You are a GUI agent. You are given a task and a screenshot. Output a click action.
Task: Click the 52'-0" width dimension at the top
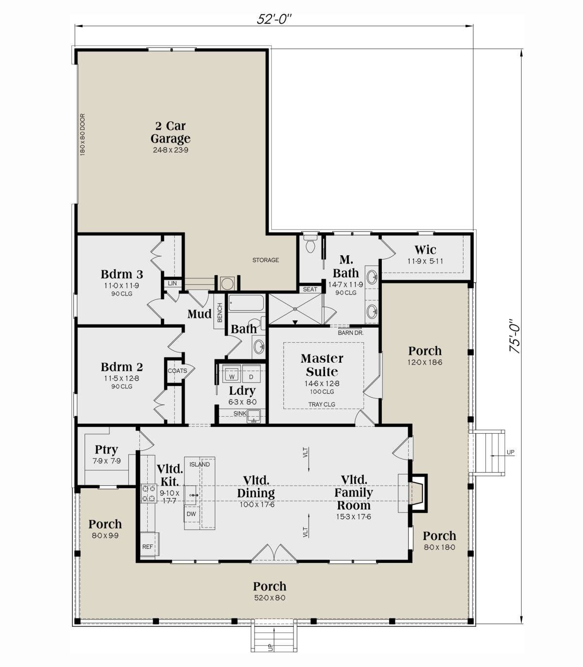(x=274, y=19)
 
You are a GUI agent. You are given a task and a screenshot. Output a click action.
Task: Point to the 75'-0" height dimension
(x=515, y=336)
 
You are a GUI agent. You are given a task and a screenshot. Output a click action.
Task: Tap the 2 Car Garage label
(x=171, y=132)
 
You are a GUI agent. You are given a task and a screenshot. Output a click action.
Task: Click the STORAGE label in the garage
(x=265, y=260)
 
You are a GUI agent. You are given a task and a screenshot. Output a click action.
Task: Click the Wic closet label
(x=425, y=250)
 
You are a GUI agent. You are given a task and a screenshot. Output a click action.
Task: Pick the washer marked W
(x=232, y=374)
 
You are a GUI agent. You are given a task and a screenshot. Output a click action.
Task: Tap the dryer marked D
(x=251, y=374)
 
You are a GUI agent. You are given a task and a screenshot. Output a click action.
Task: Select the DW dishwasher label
(x=191, y=514)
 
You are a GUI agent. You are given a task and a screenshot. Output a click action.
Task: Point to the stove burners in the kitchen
(x=149, y=493)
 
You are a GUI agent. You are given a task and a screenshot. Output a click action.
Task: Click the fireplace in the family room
(x=417, y=493)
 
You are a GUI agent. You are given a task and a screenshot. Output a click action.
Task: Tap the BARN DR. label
(x=350, y=333)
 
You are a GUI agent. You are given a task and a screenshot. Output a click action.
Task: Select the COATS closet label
(x=177, y=370)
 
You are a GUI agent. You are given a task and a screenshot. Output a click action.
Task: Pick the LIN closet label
(x=172, y=283)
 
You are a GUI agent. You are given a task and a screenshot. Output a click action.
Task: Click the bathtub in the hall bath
(x=246, y=303)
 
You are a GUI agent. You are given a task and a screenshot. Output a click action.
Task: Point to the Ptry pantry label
(x=106, y=450)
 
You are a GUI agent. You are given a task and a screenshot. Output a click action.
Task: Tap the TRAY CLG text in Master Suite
(x=322, y=404)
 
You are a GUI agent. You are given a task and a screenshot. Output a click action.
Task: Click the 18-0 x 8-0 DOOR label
(x=83, y=134)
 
